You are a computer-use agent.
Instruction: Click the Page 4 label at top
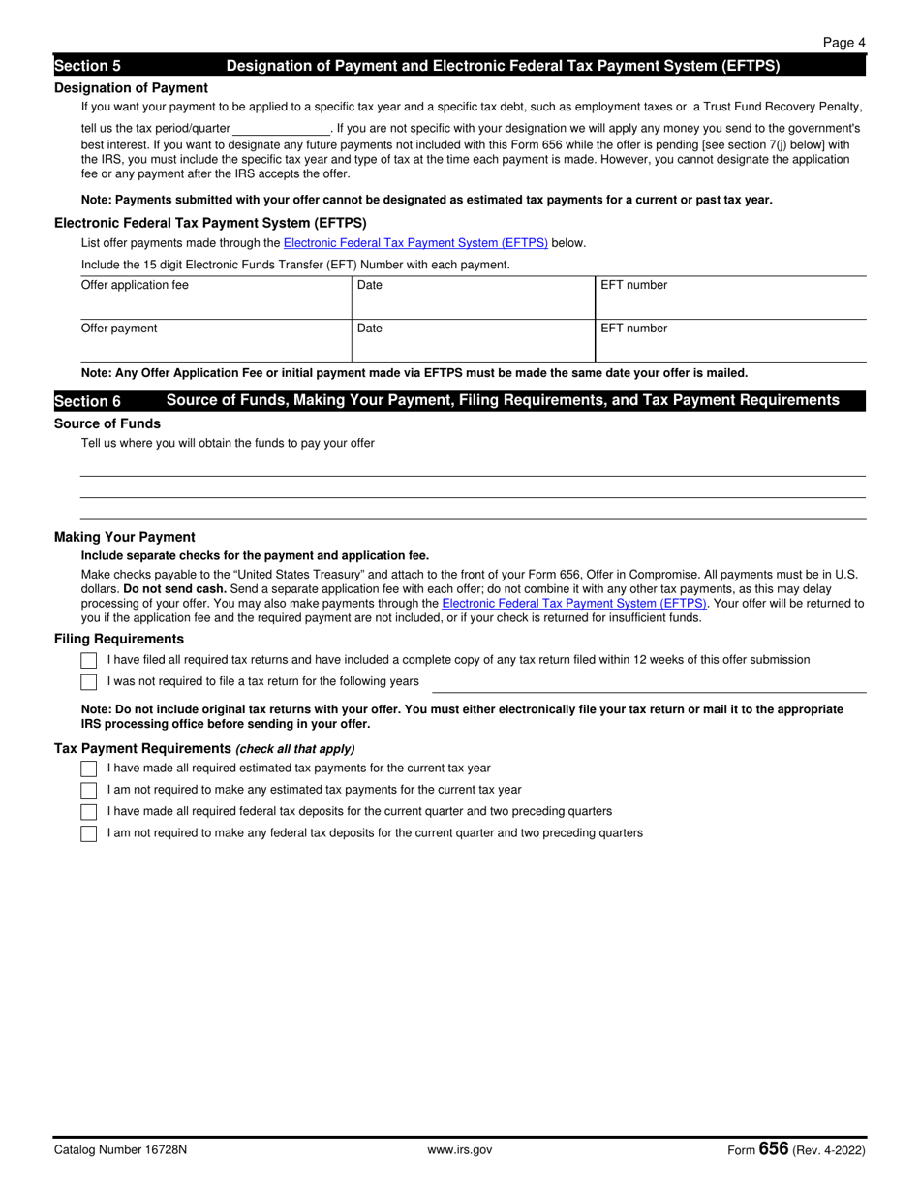843,43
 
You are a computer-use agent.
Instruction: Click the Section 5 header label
88,66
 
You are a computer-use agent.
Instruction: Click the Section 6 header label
88,401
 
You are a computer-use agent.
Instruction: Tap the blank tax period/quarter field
281,128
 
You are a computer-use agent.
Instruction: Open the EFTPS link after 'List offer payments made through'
415,243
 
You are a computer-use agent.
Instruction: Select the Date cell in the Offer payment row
472,341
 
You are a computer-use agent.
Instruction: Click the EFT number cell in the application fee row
729,298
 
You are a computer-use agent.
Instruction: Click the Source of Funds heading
107,423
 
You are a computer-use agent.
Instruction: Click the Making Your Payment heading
125,537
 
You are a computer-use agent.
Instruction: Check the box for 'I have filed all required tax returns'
89,660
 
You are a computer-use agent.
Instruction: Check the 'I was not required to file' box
89,682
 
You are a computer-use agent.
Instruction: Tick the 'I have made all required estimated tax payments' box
89,769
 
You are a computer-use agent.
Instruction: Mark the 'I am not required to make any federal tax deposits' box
89,833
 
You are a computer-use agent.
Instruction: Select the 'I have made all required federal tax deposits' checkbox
89,812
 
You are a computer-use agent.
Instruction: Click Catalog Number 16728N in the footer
121,1150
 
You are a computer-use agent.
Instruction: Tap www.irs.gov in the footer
460,1150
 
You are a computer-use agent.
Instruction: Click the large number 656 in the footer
774,1149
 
